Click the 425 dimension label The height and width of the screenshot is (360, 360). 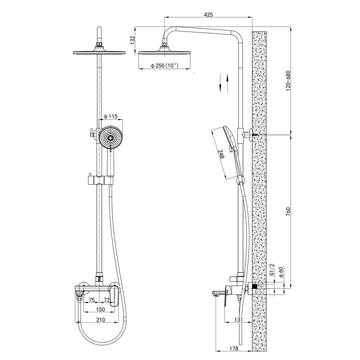(x=208, y=15)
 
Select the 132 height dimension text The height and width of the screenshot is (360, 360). (x=132, y=40)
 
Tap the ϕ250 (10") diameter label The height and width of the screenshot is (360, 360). (x=165, y=66)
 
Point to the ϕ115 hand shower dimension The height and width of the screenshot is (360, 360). (x=111, y=117)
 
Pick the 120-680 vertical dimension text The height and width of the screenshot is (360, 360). (x=288, y=81)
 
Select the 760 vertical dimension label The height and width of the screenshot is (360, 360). (x=288, y=211)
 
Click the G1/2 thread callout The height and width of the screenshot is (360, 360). (x=272, y=269)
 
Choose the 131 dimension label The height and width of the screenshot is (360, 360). (x=239, y=319)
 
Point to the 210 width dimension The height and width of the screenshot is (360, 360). (x=100, y=319)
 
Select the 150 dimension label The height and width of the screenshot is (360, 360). (x=100, y=309)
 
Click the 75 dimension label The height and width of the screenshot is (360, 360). (x=92, y=299)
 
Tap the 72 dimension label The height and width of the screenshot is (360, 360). (x=107, y=299)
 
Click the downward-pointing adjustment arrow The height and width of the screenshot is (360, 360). (x=220, y=83)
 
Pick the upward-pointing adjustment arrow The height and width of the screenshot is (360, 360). (x=228, y=83)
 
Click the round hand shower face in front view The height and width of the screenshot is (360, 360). (x=111, y=138)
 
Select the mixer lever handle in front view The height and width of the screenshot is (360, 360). (x=114, y=296)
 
